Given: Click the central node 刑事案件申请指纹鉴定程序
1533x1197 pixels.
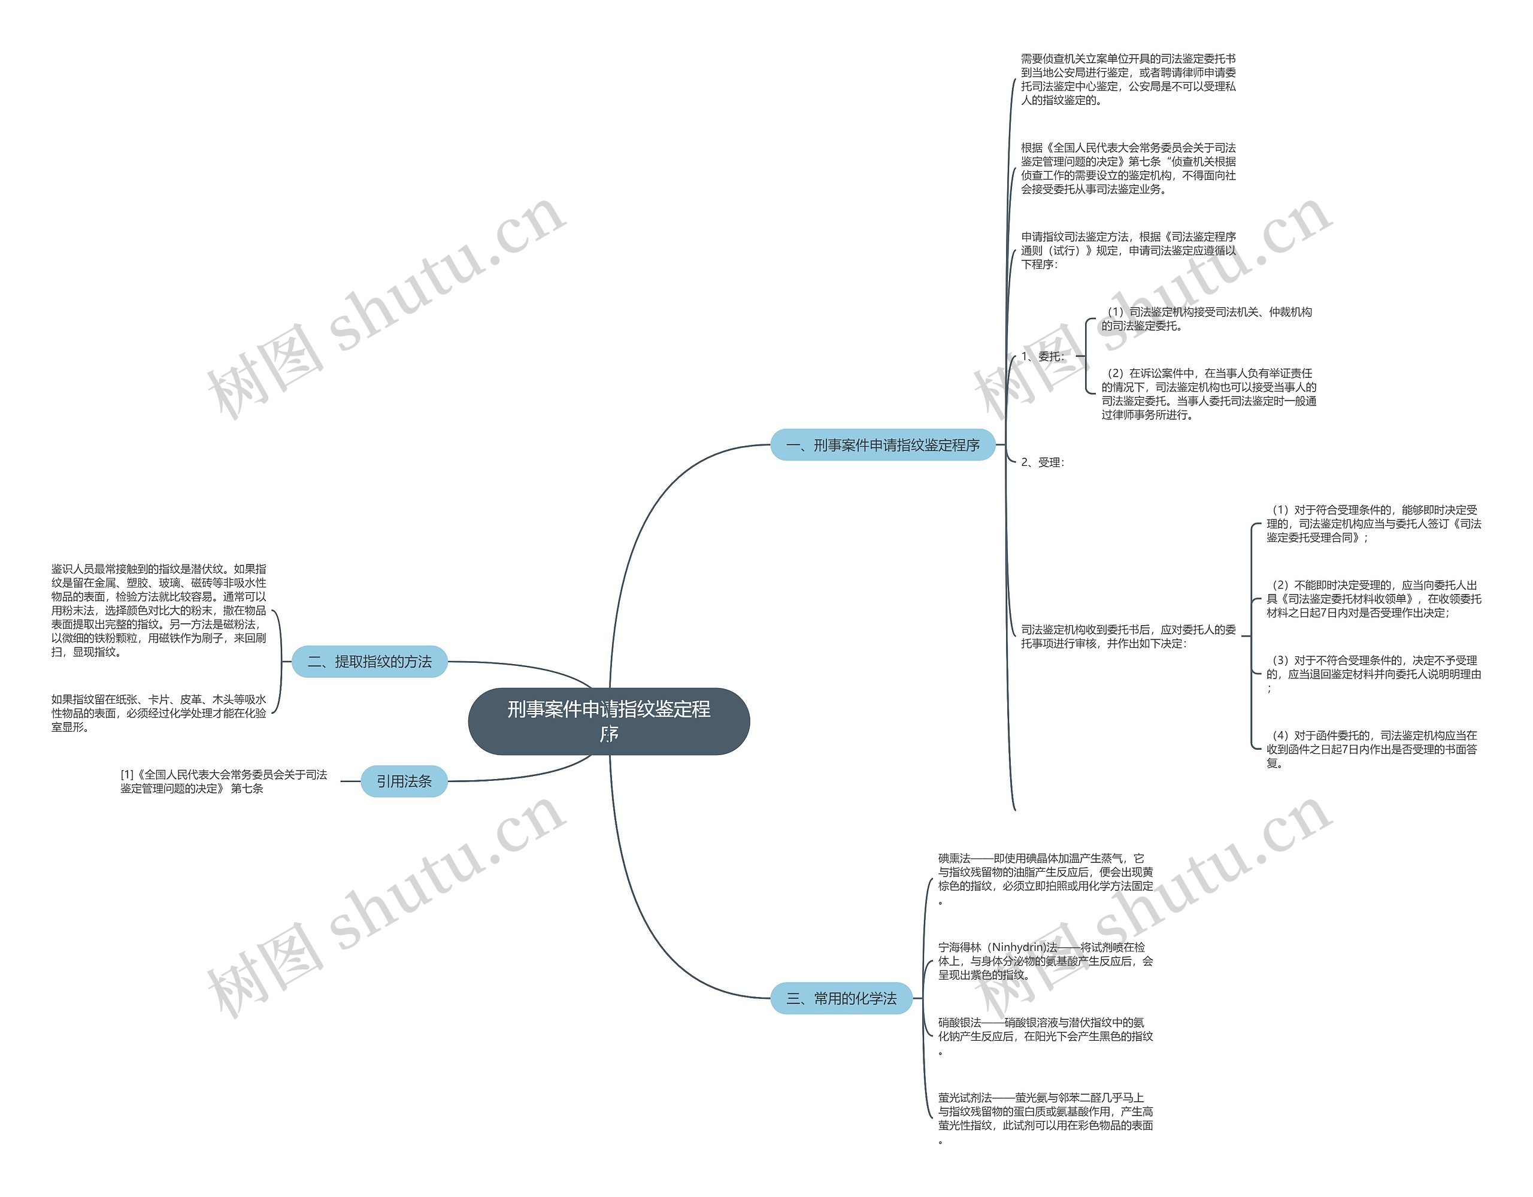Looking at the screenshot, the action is point(608,721).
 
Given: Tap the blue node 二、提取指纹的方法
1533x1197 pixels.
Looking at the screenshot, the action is point(369,661).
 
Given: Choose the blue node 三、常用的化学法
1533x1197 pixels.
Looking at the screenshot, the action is point(841,998).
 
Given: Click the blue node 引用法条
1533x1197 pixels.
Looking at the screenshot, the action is point(404,781).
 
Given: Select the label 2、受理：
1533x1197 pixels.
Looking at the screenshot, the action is point(1043,462).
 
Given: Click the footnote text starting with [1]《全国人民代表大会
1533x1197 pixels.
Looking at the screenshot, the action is point(223,781).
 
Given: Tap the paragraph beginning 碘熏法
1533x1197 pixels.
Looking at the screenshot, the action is point(1045,879).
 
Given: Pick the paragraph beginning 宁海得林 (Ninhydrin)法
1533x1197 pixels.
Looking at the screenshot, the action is point(1045,961).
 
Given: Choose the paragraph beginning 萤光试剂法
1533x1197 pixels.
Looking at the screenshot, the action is point(1045,1118).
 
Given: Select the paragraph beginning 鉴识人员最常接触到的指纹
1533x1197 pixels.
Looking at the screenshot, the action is point(159,610).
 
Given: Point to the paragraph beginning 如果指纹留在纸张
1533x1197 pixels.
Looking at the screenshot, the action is point(159,713).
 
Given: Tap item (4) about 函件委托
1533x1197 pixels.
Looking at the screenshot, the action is point(1374,749).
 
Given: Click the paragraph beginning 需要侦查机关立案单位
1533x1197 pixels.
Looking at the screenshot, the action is point(1128,79).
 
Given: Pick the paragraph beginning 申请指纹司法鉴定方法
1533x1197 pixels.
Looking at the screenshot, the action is point(1128,250).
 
